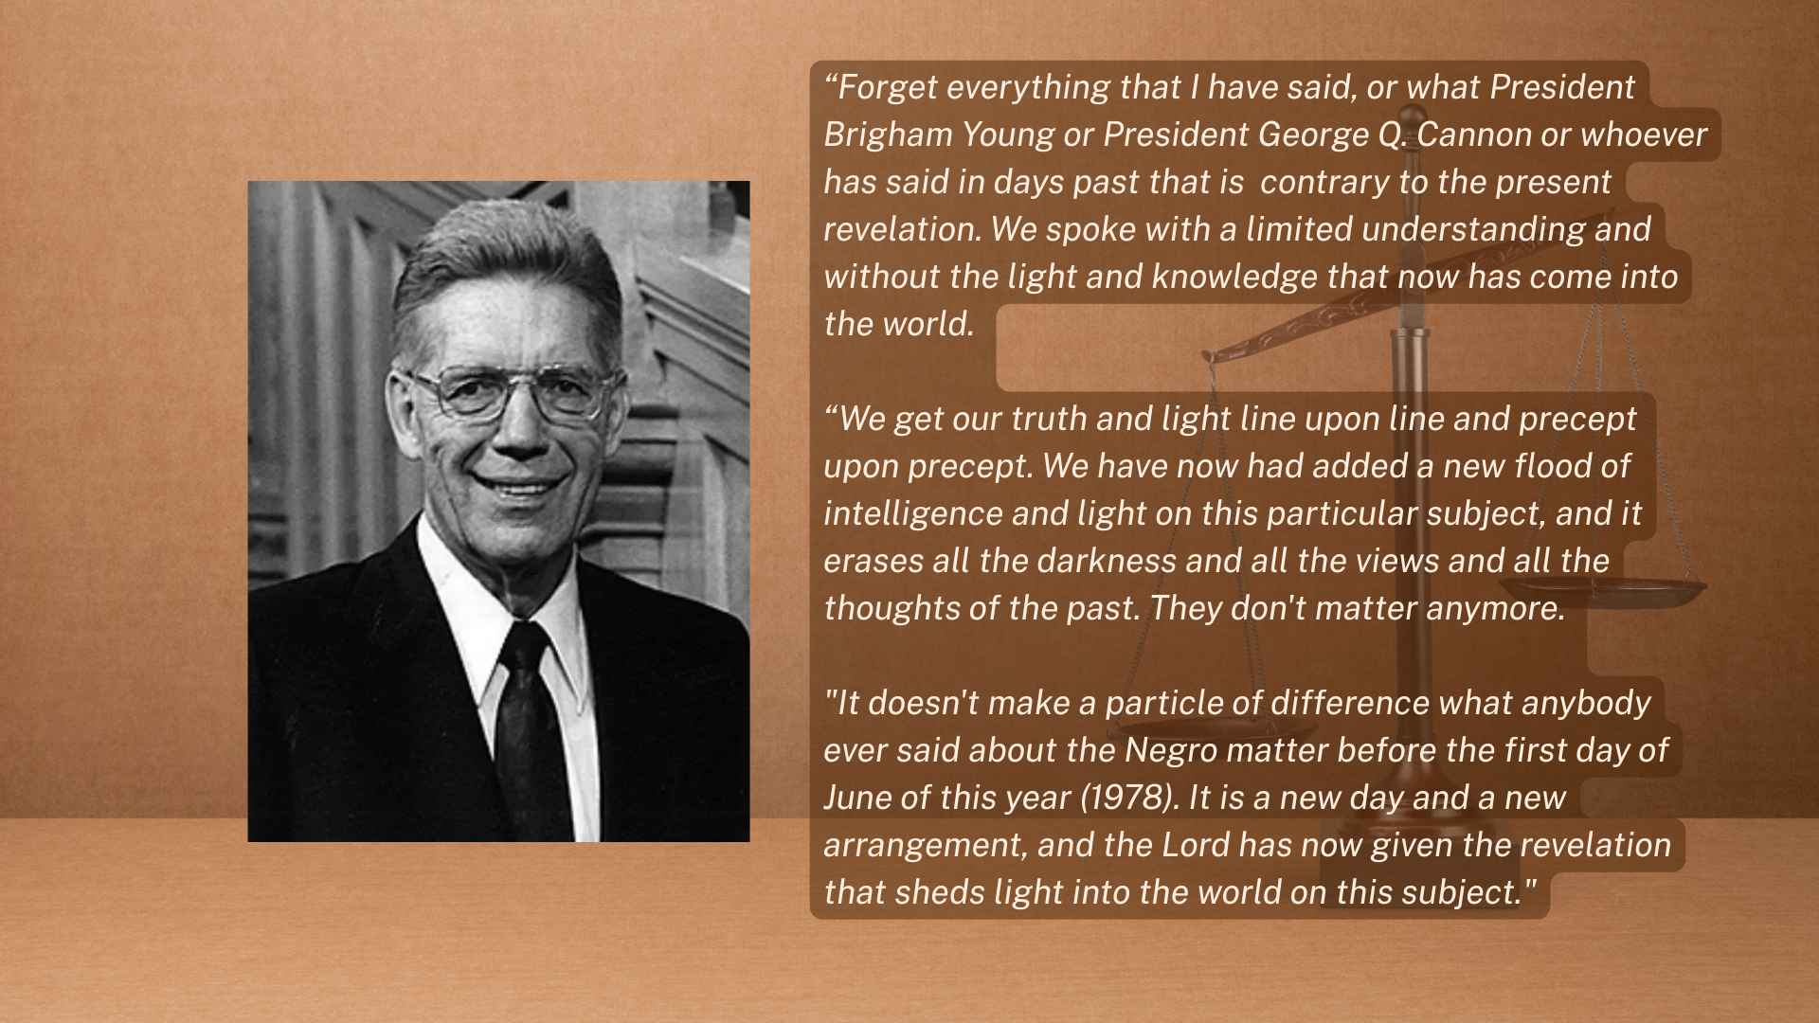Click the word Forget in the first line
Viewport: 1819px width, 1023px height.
tap(888, 88)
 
